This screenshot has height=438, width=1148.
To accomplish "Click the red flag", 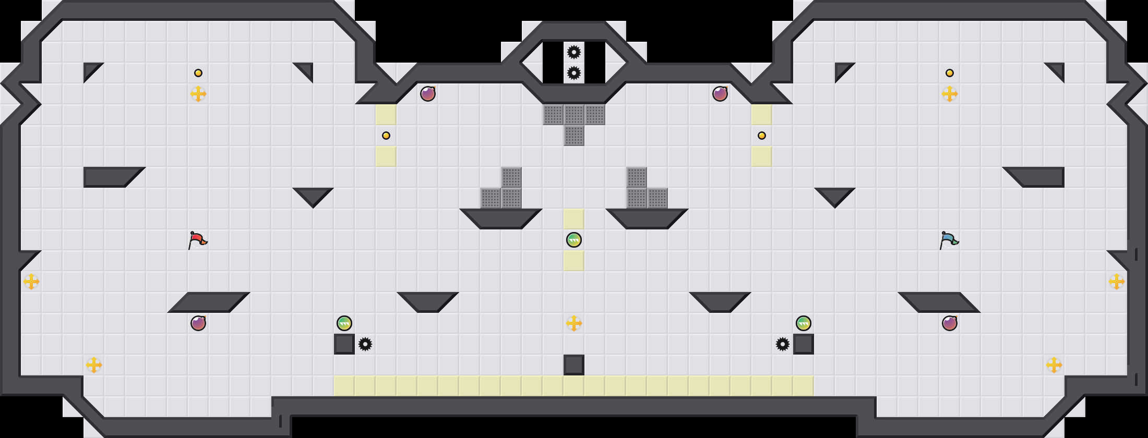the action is (x=197, y=240).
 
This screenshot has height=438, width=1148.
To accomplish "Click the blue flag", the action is (x=949, y=240).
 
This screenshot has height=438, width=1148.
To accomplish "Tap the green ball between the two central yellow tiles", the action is (x=574, y=240).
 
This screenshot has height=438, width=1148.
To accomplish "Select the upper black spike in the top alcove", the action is (x=574, y=52).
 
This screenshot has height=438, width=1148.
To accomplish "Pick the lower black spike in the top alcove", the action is (x=574, y=73).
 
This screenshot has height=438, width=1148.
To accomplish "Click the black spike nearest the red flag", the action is (x=365, y=344).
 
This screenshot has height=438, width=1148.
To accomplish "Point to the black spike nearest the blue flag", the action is (x=783, y=344).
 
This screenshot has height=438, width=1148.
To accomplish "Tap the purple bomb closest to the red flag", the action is (x=198, y=323).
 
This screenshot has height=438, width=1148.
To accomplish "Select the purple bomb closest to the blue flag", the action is (x=950, y=323).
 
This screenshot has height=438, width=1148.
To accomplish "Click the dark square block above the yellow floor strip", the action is (x=574, y=365).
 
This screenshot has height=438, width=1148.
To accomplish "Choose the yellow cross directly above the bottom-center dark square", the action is (x=574, y=323).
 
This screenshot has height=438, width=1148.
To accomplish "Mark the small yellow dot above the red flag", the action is (x=198, y=73).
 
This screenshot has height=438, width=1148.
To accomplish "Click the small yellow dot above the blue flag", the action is (x=950, y=73).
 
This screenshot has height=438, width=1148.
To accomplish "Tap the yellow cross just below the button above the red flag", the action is (x=198, y=94).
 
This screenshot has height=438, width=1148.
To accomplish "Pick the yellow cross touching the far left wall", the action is (x=31, y=282).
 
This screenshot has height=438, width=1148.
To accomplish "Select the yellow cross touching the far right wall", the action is (x=1117, y=282).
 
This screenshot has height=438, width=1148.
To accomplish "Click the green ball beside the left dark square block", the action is (x=344, y=323).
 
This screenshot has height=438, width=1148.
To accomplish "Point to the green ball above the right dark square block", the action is (x=804, y=323).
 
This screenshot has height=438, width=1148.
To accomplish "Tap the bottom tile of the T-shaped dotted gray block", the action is (x=574, y=136).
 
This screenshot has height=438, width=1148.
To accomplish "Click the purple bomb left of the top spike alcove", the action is (x=428, y=94).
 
